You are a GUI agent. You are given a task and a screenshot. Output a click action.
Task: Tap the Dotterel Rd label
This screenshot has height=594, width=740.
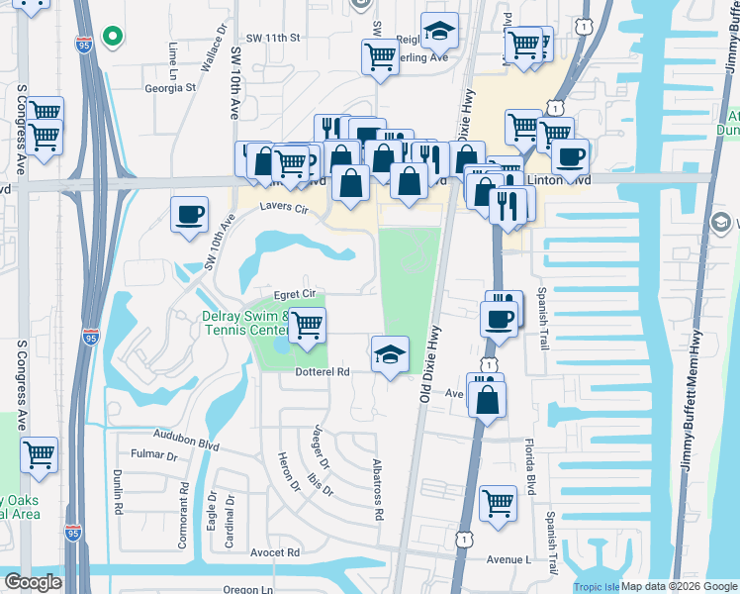[324, 373]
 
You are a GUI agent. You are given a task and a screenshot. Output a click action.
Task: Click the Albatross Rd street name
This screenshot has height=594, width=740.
[377, 490]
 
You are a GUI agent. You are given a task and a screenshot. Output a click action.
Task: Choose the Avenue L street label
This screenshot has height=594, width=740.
[509, 560]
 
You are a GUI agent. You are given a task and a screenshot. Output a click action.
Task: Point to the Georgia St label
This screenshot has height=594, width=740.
[171, 87]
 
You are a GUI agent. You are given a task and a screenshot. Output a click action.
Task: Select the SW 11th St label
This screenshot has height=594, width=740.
[274, 38]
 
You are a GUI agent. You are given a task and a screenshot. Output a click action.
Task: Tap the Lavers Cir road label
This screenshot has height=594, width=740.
[286, 208]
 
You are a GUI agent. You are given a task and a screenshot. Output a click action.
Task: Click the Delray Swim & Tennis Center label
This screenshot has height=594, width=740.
[244, 323]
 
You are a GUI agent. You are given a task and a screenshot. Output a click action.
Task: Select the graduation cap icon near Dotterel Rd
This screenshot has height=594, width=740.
[391, 354]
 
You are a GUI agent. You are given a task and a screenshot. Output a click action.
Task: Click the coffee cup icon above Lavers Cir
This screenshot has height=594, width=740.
[189, 214]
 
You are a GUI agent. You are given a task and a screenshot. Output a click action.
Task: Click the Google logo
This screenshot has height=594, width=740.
[33, 583]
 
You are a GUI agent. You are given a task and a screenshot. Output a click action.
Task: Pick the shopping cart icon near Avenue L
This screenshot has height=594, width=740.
[498, 501]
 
